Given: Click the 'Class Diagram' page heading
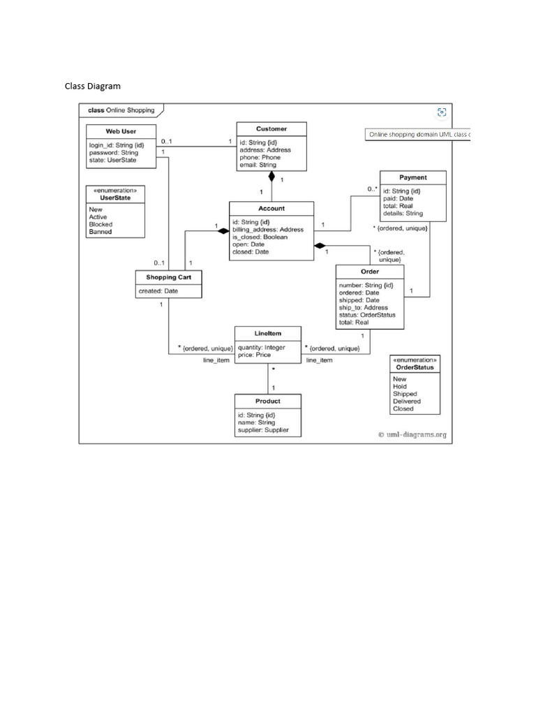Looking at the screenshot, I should (93, 87).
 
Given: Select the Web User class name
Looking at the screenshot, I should (121, 131).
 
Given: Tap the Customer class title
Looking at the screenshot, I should (271, 128).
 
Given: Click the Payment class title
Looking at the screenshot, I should (413, 177).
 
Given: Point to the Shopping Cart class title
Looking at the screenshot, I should (168, 278).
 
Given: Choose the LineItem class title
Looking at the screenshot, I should (268, 334).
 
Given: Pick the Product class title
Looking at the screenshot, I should (267, 401).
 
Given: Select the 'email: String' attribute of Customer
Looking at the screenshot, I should (258, 165).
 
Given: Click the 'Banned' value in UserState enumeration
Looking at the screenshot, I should (100, 232).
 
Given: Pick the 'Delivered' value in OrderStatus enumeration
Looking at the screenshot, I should (407, 401).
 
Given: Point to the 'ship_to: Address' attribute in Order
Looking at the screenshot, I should (363, 307).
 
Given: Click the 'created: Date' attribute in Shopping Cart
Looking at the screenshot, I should (158, 291).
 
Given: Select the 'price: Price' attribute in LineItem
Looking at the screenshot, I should (254, 355).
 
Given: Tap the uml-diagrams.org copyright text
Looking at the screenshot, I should (412, 434).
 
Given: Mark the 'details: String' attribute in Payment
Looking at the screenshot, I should (403, 213).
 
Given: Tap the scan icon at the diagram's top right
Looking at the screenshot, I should (441, 112).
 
